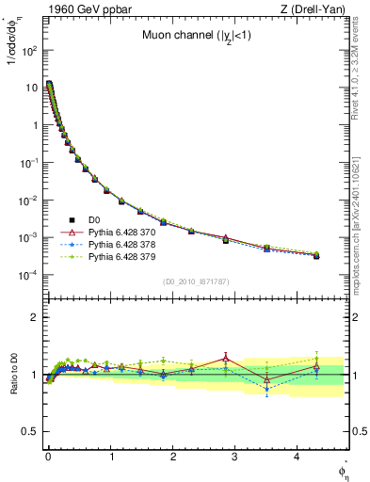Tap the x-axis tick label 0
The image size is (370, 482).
[48, 457]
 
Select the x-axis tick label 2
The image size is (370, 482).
[173, 457]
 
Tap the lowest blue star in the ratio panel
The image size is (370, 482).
[267, 389]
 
